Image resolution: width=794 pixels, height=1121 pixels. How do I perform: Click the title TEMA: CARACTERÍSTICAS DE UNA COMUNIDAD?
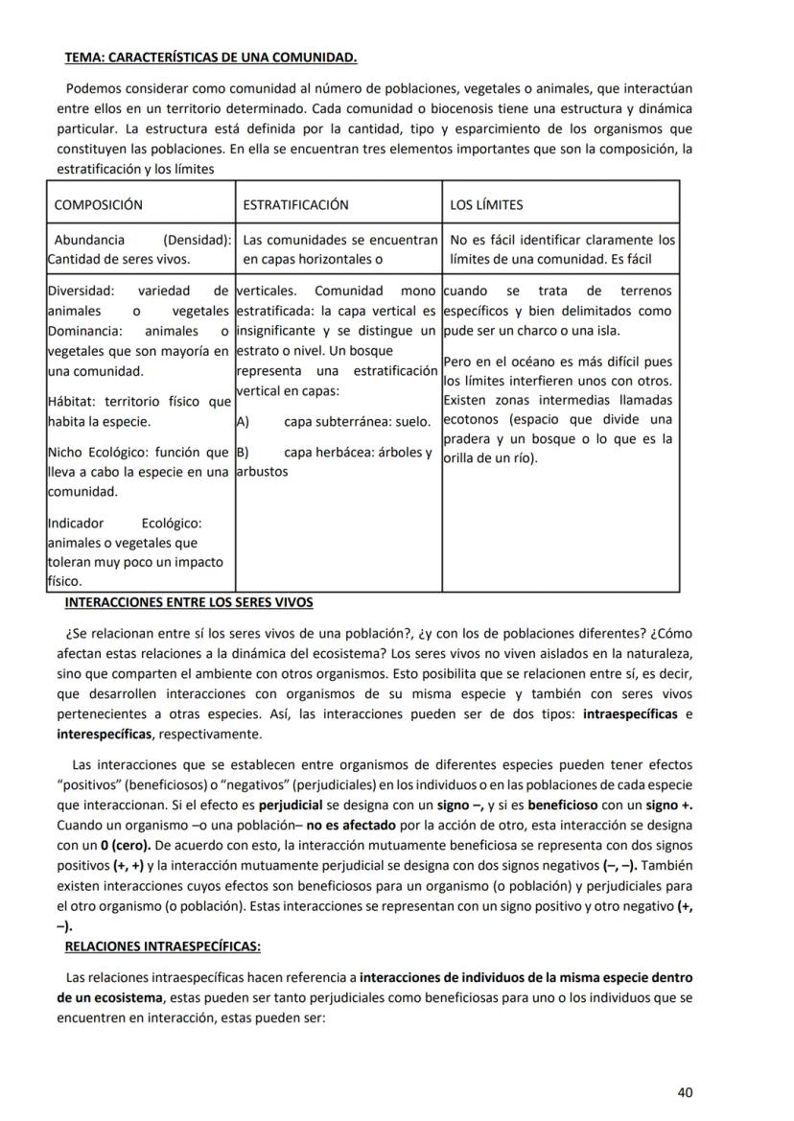pos(210,58)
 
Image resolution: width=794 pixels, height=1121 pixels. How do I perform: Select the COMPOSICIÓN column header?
pos(99,205)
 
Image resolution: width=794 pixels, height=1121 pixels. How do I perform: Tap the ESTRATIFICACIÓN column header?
pos(295,205)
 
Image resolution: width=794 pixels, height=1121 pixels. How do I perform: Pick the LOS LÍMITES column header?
pos(486,205)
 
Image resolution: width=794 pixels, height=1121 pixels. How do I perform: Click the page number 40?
pos(685,1091)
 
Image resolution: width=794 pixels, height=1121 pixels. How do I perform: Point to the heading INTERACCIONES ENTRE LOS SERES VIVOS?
pos(188,602)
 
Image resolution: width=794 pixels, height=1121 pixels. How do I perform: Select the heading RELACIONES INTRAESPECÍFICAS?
pos(162,946)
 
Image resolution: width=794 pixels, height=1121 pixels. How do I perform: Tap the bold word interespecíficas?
pos(105,735)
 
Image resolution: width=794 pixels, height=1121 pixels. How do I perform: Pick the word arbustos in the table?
pos(262,472)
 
